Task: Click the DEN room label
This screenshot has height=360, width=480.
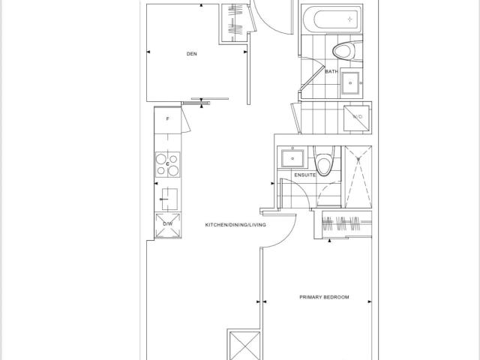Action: (192, 54)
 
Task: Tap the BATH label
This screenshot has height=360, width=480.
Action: (331, 72)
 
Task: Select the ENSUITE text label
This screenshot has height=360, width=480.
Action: (305, 175)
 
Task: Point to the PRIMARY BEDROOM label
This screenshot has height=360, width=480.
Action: (324, 297)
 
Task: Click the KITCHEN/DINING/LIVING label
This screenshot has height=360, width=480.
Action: (235, 225)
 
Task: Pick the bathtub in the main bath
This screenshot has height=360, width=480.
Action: (332, 19)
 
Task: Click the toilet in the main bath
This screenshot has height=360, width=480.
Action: (347, 51)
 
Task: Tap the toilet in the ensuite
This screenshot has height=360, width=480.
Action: (325, 161)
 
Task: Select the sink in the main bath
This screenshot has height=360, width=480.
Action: (350, 82)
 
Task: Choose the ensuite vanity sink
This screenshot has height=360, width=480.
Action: (292, 158)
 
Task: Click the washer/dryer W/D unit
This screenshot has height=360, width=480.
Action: (357, 118)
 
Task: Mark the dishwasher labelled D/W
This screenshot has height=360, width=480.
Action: (168, 225)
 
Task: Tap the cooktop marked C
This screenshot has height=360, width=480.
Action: (167, 165)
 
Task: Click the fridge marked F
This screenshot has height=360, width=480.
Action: (167, 120)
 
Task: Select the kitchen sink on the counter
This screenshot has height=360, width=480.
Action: (169, 199)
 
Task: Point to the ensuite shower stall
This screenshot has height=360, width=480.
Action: (358, 177)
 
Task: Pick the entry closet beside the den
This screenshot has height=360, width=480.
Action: (235, 23)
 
